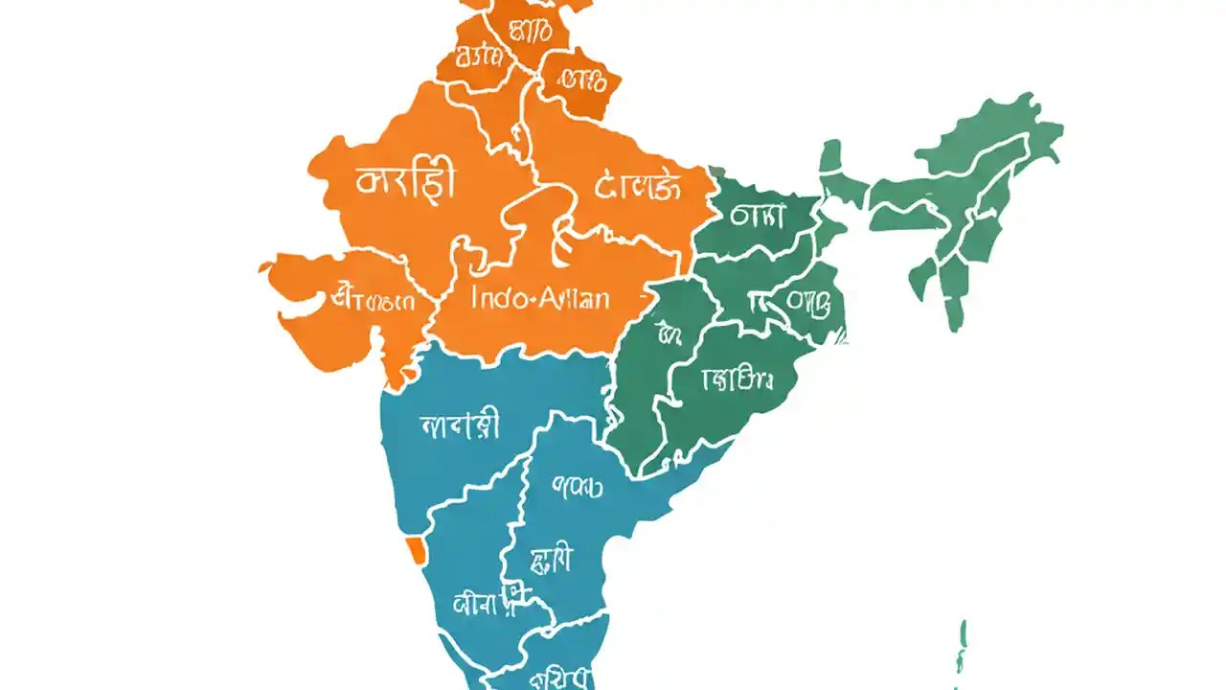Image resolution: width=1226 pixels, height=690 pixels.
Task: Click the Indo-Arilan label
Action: coord(541,297)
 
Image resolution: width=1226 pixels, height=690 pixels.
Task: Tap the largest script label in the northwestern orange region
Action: coord(406,181)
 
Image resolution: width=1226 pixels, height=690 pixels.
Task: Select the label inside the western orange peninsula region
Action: coord(373,300)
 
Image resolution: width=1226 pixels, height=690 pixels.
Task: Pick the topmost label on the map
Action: coord(530,31)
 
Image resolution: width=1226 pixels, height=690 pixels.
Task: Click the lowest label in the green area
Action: coord(737,379)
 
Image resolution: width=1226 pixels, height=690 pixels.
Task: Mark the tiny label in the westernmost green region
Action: coord(669,333)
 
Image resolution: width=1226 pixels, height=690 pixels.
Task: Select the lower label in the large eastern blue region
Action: coord(552,559)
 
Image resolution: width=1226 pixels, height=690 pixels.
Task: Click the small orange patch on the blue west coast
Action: coord(416,549)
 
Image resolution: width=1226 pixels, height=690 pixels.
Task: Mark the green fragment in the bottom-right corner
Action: coord(962,647)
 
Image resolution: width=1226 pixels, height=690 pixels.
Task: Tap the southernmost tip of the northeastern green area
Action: coord(954,326)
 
